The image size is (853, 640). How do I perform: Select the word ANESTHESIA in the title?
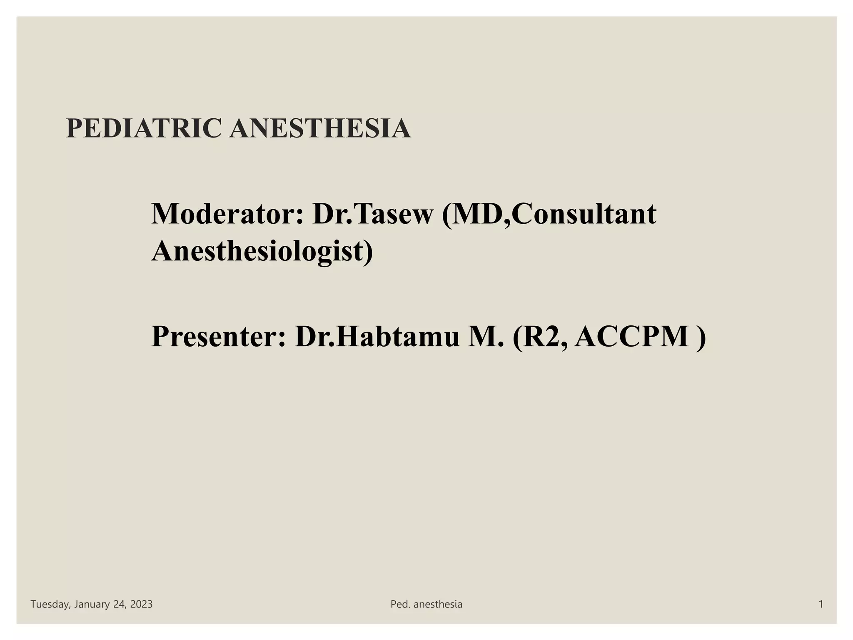click(320, 128)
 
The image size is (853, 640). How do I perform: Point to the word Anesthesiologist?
click(262, 251)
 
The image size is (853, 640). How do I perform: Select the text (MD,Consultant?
click(549, 214)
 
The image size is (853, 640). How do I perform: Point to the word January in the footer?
click(92, 604)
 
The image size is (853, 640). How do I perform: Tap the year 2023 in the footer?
click(141, 604)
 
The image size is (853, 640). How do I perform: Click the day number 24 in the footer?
click(119, 604)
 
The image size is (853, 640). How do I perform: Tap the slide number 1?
click(821, 604)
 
